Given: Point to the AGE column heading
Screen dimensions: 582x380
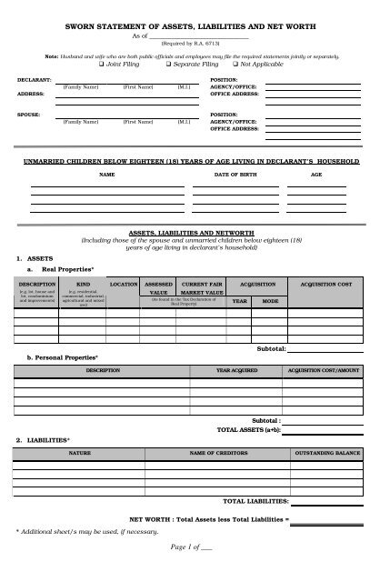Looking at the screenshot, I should click(316, 173).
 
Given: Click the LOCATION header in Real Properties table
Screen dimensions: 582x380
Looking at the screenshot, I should click(124, 285).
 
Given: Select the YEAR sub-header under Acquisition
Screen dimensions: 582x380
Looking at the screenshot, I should click(239, 300).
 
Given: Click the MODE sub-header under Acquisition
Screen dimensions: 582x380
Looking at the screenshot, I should click(270, 300).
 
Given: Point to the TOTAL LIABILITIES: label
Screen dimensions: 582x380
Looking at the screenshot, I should click(255, 501).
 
